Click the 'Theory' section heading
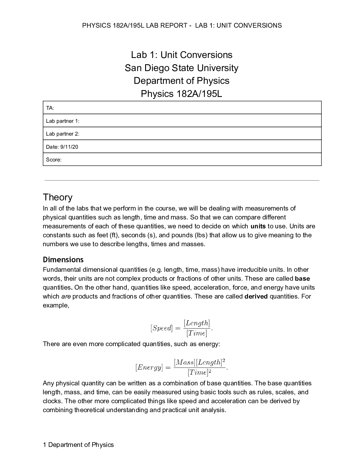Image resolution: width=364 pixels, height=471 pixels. coord(58,197)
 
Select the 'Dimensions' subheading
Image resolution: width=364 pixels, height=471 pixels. coord(63,260)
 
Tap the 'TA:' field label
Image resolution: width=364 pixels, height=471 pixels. coord(50,108)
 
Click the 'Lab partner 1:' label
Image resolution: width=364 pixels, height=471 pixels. coord(62,121)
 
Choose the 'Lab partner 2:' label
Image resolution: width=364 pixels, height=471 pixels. coord(62,134)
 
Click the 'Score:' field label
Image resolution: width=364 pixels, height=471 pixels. coord(54,160)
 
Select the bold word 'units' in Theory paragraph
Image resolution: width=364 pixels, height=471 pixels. coord(258,226)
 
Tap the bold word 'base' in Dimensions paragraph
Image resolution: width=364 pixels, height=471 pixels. coord(302,279)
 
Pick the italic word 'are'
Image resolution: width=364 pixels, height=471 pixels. coord(66,296)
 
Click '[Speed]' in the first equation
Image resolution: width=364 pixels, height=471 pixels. coord(161,328)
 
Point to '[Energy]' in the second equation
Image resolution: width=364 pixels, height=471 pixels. coord(149,368)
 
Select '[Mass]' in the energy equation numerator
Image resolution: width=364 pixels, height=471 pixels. coord(184,362)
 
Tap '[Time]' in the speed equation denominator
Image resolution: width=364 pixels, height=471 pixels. coord(197,333)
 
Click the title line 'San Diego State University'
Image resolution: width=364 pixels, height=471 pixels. coord(181,68)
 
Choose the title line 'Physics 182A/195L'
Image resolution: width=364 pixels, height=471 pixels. coord(181,94)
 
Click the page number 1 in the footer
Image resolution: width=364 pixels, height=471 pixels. coord(45,445)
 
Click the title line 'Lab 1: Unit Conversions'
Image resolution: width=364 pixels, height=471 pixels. coord(182,55)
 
